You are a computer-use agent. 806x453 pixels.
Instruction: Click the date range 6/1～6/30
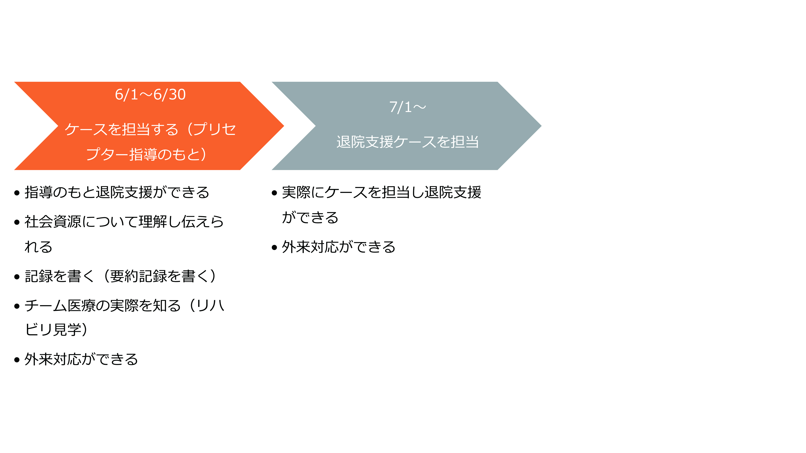150,94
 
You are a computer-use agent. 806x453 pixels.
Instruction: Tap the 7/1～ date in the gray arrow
407,107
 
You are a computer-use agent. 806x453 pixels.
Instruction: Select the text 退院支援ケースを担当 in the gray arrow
407,142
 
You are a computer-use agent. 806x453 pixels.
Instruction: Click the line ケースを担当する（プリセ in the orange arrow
150,129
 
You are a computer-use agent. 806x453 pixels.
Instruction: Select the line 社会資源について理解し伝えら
124,222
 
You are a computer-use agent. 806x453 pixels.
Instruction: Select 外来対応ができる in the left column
81,359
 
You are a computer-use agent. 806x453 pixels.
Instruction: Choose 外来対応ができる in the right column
339,247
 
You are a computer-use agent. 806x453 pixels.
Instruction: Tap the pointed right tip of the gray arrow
541,126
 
